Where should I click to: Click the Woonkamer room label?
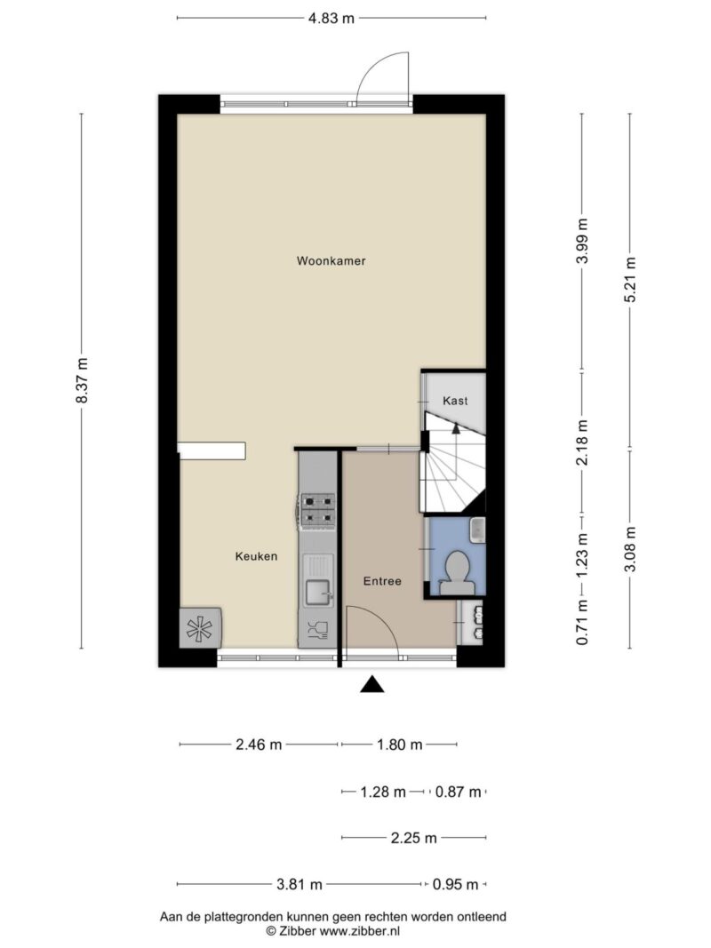point(331,261)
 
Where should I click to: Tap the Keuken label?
point(256,556)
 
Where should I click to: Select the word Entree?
point(382,581)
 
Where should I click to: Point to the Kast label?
point(455,400)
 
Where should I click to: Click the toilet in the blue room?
point(458,573)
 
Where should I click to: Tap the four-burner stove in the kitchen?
point(318,509)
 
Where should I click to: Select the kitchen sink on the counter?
point(317,592)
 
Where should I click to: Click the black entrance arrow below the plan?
point(372,684)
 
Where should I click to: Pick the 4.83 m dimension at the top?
point(332,18)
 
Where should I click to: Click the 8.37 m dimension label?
point(83,380)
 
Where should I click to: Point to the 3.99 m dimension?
point(582,241)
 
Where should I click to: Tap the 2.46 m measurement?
point(259,745)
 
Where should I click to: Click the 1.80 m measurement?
point(400,745)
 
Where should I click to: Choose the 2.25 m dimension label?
point(413,838)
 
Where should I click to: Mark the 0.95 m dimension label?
point(455,885)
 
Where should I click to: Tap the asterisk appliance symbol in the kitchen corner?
point(200,628)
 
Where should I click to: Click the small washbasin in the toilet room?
point(477,530)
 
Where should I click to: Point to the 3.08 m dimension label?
point(630,549)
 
